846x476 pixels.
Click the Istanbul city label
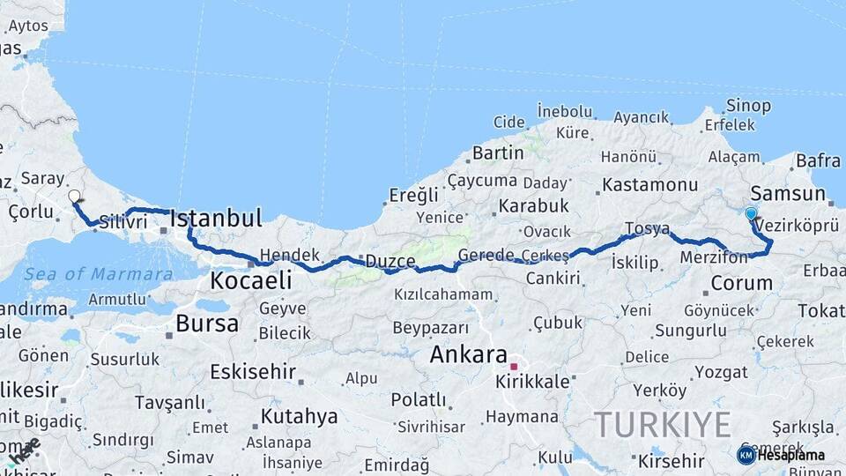[216, 218]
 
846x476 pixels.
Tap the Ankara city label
[468, 355]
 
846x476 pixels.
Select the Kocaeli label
[251, 281]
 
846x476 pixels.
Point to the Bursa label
[207, 324]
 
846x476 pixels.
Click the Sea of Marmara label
[99, 274]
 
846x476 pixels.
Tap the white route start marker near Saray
[74, 197]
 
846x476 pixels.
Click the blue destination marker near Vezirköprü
[751, 213]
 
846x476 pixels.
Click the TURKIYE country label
[663, 425]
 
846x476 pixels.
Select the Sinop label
[749, 106]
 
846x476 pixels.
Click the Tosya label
[648, 228]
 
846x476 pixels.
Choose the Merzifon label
[714, 257]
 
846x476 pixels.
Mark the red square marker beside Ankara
[514, 365]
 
